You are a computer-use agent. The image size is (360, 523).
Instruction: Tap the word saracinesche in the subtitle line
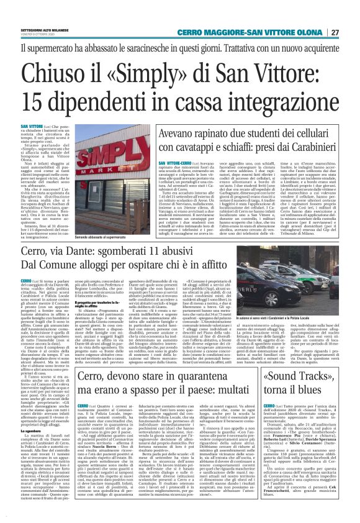[x=150, y=48]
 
